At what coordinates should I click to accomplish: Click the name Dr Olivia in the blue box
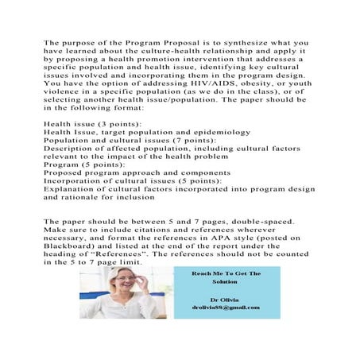[226, 299]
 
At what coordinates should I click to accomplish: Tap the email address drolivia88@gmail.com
[226, 308]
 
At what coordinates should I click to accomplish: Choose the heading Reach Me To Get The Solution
[226, 278]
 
